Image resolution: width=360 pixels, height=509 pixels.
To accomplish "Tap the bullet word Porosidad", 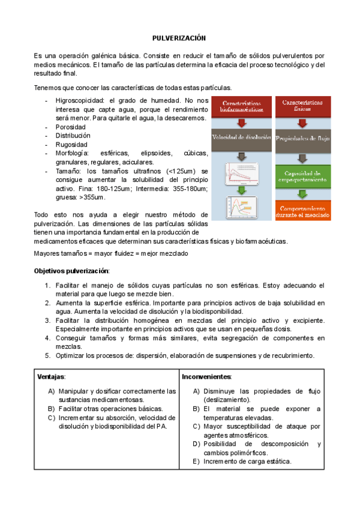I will tap(70, 127).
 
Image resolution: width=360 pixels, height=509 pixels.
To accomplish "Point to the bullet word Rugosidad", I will tap(71, 145).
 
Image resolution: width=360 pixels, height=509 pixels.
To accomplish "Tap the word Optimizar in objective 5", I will tap(70, 355).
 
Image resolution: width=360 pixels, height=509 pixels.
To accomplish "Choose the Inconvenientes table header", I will tap(206, 376).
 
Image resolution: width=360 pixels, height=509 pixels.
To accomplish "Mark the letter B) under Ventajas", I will tap(52, 409).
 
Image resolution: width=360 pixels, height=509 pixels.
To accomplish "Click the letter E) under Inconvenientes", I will tap(197, 462).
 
